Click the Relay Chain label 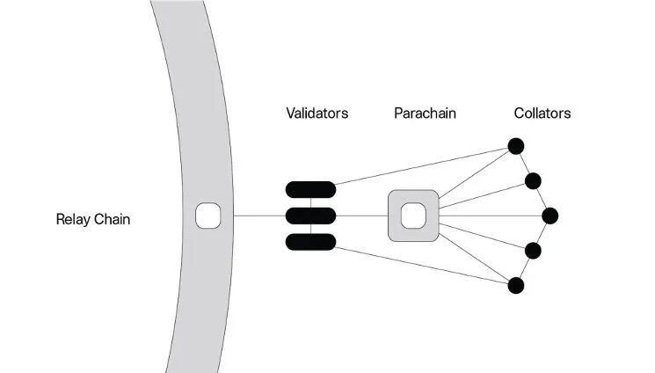point(92,219)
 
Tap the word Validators point(317,113)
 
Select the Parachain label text point(425,113)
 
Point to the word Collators point(542,113)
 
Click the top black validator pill point(310,189)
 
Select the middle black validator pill point(310,216)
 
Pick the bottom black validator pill point(310,242)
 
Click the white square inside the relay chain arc point(208,216)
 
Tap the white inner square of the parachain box point(413,216)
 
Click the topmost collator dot point(516,146)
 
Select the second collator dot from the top point(533,181)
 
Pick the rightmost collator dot point(550,216)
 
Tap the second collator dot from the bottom point(533,251)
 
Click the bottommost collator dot point(516,286)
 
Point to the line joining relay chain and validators point(259,216)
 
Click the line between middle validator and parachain point(362,216)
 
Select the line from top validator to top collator point(422,166)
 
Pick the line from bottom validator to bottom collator point(422,266)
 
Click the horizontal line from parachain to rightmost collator point(491,216)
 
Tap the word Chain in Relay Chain point(112,219)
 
